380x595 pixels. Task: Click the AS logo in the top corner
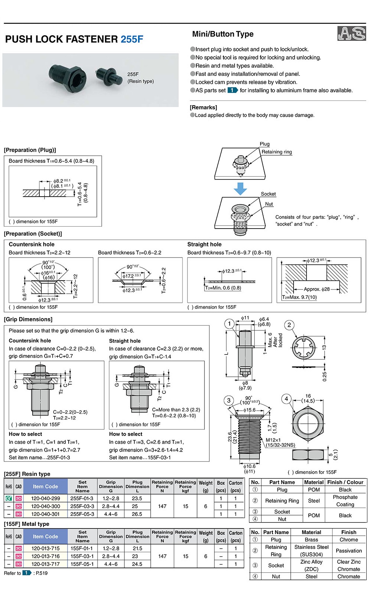tap(351, 33)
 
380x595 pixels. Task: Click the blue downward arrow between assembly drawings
tap(240, 188)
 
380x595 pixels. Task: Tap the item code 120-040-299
tap(45, 498)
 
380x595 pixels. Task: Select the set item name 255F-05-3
tap(82, 514)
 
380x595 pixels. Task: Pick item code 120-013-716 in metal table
tap(45, 556)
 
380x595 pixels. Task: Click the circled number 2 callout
tap(289, 325)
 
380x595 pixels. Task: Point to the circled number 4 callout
tap(286, 399)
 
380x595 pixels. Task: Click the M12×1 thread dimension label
tap(273, 440)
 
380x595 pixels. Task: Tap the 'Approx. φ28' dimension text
tap(317, 289)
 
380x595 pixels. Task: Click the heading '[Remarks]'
tap(203, 107)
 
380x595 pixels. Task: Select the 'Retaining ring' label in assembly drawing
tap(276, 152)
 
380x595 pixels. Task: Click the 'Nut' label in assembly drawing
tap(269, 204)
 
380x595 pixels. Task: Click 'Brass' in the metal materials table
tap(311, 540)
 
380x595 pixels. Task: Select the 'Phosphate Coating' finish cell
tap(345, 501)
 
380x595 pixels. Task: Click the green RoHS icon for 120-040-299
tap(9, 498)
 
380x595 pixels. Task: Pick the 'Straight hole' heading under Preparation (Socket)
tap(204, 244)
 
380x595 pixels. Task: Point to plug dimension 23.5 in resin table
tap(137, 498)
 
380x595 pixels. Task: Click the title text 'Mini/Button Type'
tap(223, 34)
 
